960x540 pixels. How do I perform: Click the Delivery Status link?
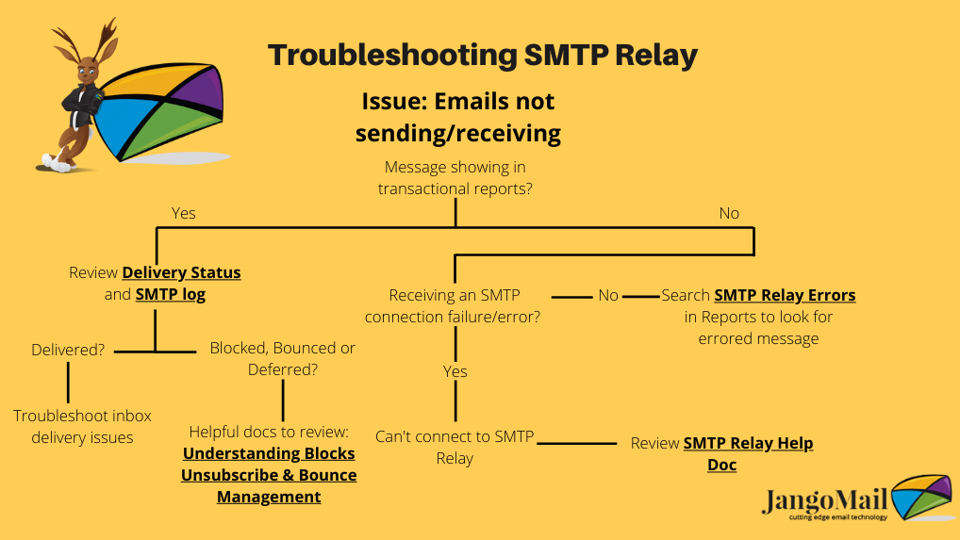click(181, 272)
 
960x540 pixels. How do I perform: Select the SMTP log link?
click(170, 295)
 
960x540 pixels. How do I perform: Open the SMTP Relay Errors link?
click(785, 295)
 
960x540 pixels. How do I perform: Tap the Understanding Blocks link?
click(269, 454)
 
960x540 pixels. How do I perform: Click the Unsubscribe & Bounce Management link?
click(269, 486)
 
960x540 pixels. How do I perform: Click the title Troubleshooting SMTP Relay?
click(483, 55)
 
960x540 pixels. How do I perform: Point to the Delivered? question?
click(68, 350)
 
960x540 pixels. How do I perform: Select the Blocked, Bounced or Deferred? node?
click(282, 358)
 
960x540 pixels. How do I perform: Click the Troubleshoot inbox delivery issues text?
click(82, 426)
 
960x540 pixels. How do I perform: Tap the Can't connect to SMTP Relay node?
click(455, 447)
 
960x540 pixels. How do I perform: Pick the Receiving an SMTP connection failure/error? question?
click(453, 305)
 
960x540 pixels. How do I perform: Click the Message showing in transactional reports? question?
click(455, 177)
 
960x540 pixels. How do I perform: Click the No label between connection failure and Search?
click(608, 295)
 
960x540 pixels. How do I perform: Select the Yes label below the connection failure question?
click(455, 371)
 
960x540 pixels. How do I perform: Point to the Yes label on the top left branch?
click(184, 213)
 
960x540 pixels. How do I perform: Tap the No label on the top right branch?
click(729, 213)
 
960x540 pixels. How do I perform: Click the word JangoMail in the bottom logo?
click(824, 500)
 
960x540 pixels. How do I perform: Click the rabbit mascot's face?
click(88, 73)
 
